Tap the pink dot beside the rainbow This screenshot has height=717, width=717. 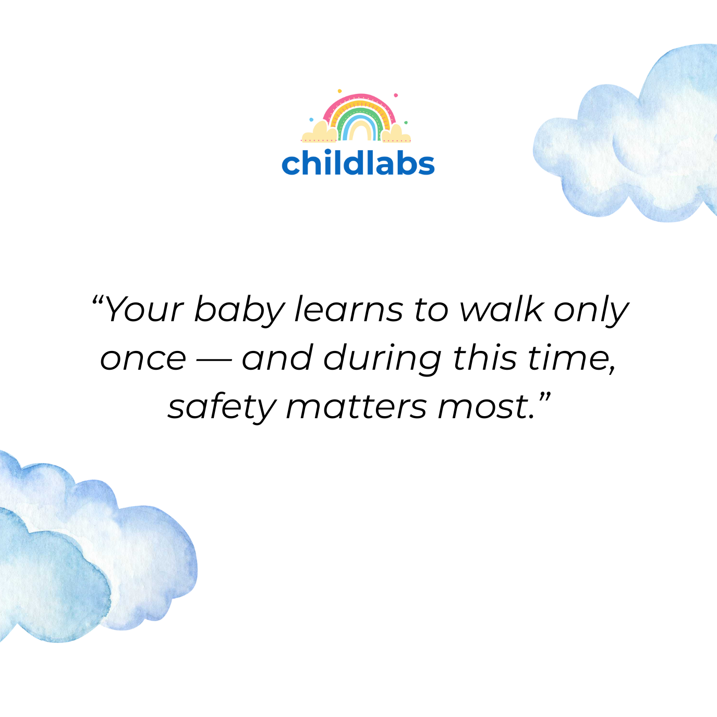tap(395, 95)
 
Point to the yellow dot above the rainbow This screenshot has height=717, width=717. tap(339, 91)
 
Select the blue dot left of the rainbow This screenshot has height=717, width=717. tap(311, 119)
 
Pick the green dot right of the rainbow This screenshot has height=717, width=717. tap(406, 123)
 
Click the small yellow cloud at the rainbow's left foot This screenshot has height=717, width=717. tap(320, 132)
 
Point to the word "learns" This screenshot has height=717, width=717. tap(349, 309)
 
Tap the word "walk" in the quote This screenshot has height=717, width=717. tap(501, 309)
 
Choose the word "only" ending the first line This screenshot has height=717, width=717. tap(591, 311)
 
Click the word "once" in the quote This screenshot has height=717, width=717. tap(143, 359)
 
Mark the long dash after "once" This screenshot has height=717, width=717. tap(214, 360)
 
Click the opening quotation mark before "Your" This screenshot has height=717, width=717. tap(98, 300)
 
